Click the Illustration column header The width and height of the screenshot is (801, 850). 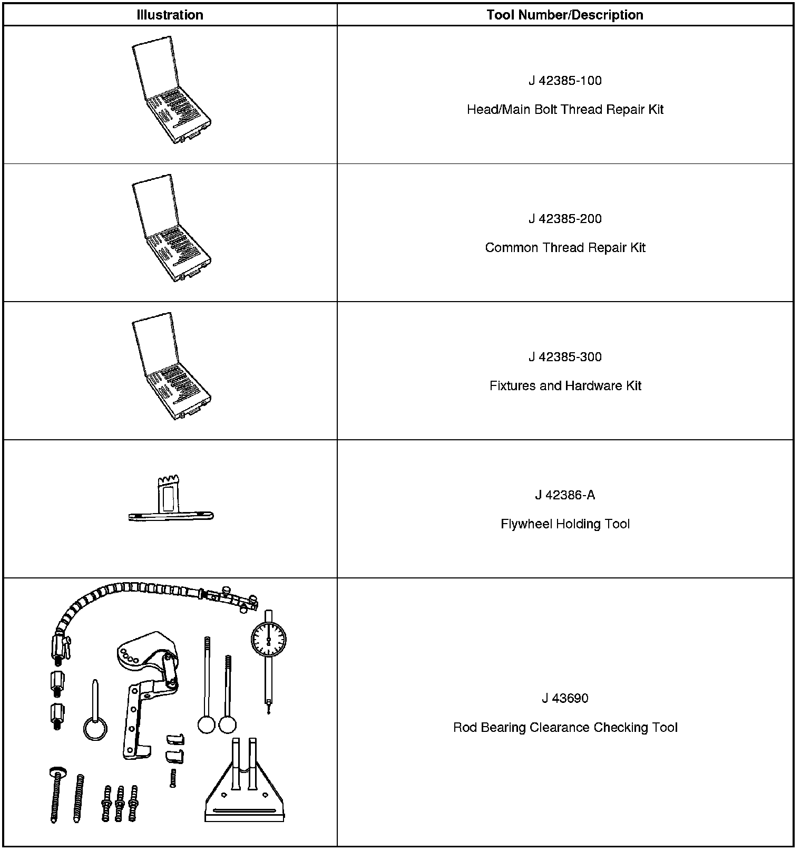(x=170, y=15)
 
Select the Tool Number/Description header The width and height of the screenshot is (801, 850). (x=565, y=15)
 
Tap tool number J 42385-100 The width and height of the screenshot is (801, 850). (x=565, y=81)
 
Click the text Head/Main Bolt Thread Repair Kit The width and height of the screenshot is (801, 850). (x=565, y=110)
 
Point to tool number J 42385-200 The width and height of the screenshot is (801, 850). (x=565, y=219)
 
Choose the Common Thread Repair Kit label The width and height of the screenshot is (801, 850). (x=565, y=248)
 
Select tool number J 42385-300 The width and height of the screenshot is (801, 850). (x=565, y=357)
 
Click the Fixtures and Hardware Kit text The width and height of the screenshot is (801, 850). (x=565, y=386)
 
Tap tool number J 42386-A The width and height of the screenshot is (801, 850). (x=565, y=495)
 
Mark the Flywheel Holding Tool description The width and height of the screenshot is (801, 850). (x=565, y=524)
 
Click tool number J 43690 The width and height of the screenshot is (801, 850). (x=565, y=699)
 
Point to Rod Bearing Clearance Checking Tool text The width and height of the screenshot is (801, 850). (x=565, y=728)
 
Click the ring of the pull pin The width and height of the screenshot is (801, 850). (x=95, y=730)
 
